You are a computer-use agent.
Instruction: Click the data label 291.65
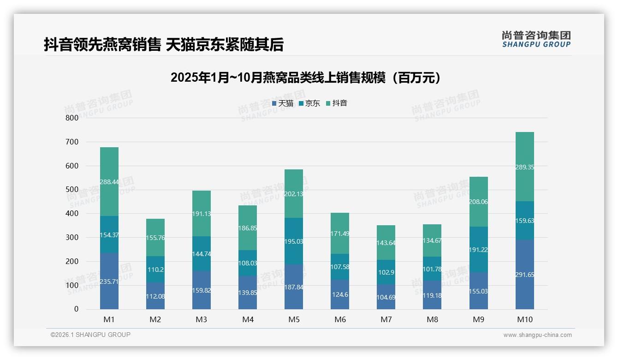pos(524,275)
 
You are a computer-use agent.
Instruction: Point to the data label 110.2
pos(155,269)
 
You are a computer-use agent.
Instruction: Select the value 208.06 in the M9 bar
pos(478,202)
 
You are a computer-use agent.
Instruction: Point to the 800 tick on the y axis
pos(72,118)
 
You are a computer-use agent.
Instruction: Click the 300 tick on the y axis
pos(72,237)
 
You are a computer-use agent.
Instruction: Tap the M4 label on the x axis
pos(248,319)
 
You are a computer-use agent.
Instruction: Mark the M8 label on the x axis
pos(432,319)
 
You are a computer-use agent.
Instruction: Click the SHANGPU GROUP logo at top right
pos(536,39)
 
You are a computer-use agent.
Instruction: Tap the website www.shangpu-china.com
pos(537,335)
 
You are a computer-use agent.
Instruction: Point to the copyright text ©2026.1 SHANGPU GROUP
pos(90,335)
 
